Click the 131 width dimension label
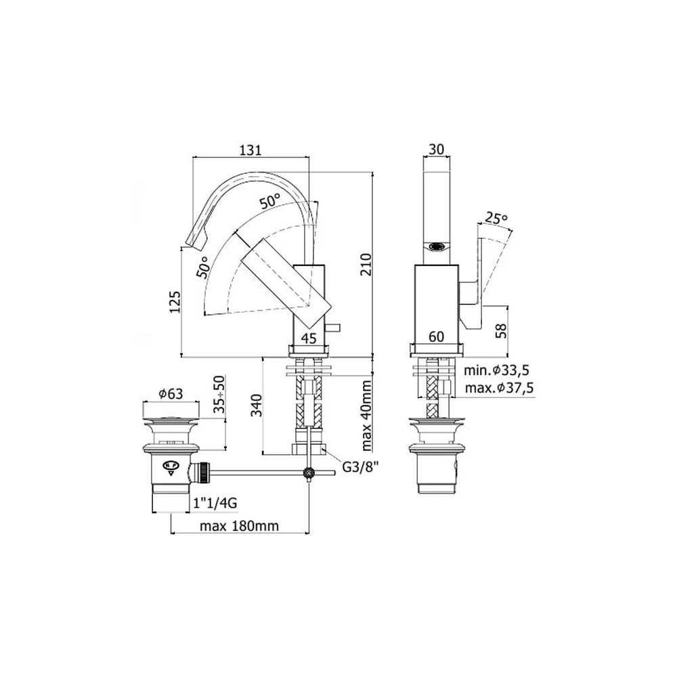pyautogui.click(x=250, y=150)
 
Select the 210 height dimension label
pyautogui.click(x=366, y=264)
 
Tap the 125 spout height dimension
pyautogui.click(x=175, y=302)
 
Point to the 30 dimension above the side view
pyautogui.click(x=437, y=149)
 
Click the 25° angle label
pyautogui.click(x=496, y=218)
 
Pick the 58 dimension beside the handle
pyautogui.click(x=501, y=331)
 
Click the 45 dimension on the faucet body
pyautogui.click(x=309, y=338)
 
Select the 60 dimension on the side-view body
pyautogui.click(x=437, y=336)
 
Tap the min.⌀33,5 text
pyautogui.click(x=496, y=370)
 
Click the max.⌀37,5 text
pyautogui.click(x=499, y=388)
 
